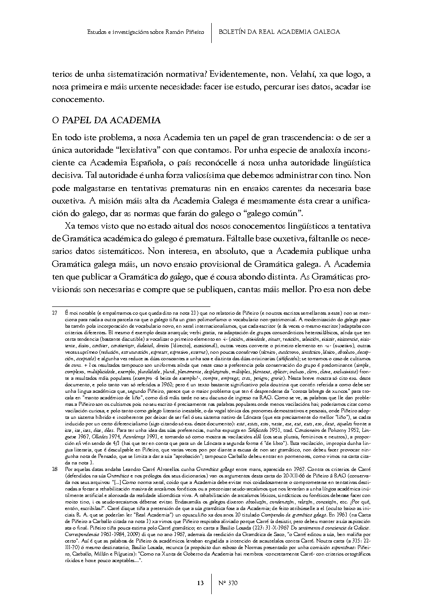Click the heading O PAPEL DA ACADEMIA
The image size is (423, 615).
106,120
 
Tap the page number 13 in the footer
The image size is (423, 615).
200,582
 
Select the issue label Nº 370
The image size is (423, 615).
227,582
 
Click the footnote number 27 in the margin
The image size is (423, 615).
55,312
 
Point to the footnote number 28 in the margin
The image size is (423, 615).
55,469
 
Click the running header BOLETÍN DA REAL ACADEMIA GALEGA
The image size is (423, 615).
279,32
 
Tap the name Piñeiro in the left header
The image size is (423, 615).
194,32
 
